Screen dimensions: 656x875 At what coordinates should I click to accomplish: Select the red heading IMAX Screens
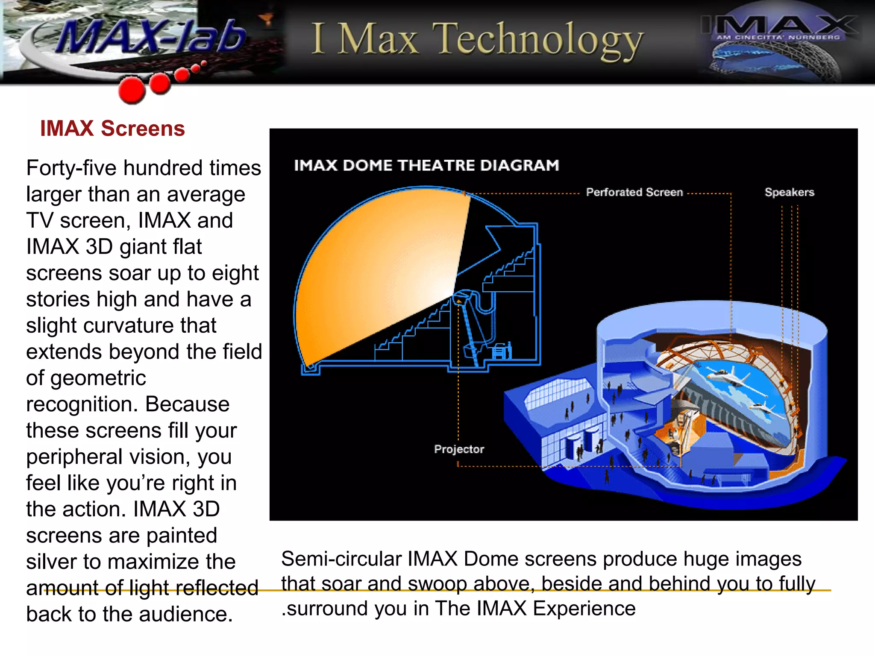(x=112, y=129)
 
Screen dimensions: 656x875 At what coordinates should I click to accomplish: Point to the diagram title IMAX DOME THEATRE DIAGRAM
(x=426, y=165)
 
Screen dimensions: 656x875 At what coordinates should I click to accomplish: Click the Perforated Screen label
(x=634, y=193)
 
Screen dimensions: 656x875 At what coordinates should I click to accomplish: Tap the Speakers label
(x=789, y=193)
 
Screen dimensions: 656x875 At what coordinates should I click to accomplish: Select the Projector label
(x=459, y=449)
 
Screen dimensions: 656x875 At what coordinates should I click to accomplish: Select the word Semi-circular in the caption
(x=341, y=559)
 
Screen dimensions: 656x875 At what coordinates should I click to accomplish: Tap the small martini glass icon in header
(x=267, y=19)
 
